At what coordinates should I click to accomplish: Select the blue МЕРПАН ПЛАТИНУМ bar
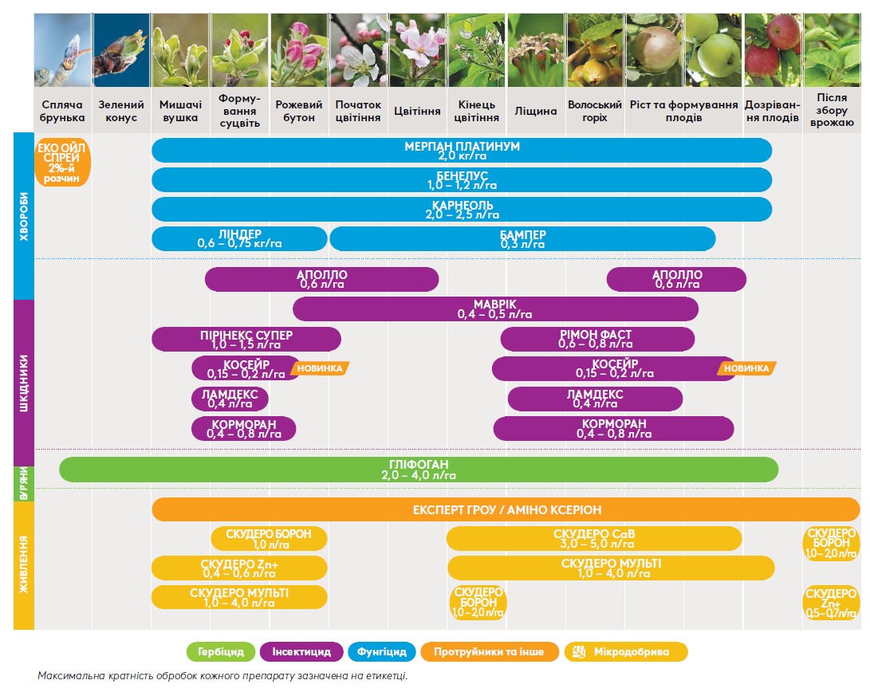(462, 151)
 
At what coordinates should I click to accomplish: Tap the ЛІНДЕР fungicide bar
(239, 239)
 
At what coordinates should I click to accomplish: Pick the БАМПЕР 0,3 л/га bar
(522, 239)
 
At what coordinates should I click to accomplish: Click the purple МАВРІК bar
(495, 309)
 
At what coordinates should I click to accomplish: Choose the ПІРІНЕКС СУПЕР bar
(246, 339)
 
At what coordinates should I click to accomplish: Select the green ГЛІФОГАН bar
(419, 470)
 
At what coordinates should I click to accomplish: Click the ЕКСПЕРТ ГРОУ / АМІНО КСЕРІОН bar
(506, 509)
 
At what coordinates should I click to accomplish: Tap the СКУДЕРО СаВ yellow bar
(594, 539)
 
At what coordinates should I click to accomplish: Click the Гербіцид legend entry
(221, 652)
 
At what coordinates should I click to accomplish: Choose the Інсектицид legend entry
(301, 652)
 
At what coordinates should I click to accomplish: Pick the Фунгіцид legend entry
(382, 652)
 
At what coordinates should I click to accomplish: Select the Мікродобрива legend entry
(626, 652)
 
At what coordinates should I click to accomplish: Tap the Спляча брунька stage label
(62, 111)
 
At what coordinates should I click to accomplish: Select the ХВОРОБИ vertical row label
(23, 215)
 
